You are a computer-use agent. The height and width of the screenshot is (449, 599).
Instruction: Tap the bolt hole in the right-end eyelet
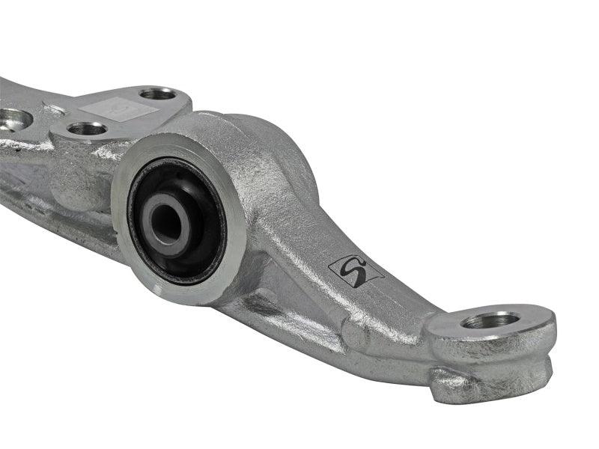coord(490,320)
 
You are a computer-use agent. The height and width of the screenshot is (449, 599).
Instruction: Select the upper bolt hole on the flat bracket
coord(159,94)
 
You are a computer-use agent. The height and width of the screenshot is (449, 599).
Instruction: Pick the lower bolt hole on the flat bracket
coord(87,129)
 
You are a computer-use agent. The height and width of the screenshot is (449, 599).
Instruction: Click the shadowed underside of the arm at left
coord(45,210)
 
